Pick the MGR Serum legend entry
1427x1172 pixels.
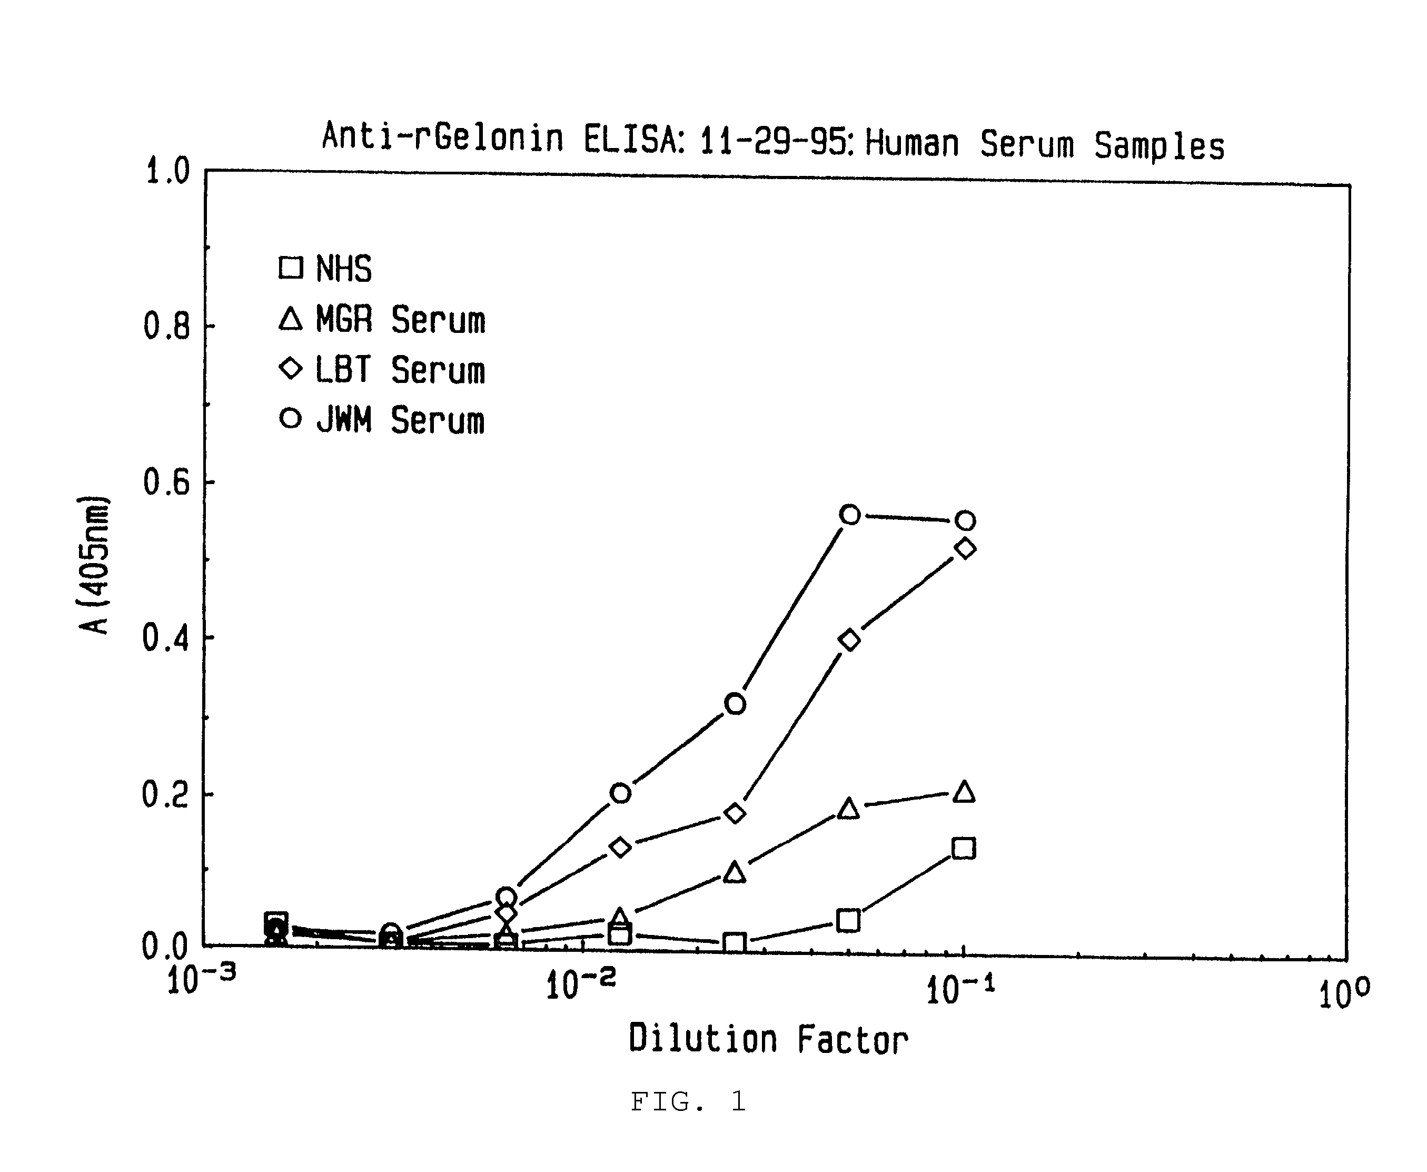(382, 319)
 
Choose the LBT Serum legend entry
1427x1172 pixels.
(382, 370)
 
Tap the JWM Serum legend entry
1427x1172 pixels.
(382, 420)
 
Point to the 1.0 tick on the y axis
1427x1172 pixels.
(168, 172)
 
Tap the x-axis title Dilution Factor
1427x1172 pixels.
(768, 1040)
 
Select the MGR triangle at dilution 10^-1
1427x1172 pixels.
(965, 791)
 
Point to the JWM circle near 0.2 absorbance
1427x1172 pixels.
(621, 793)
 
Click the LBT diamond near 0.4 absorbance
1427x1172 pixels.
(850, 639)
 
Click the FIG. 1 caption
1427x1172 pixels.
(688, 1102)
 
